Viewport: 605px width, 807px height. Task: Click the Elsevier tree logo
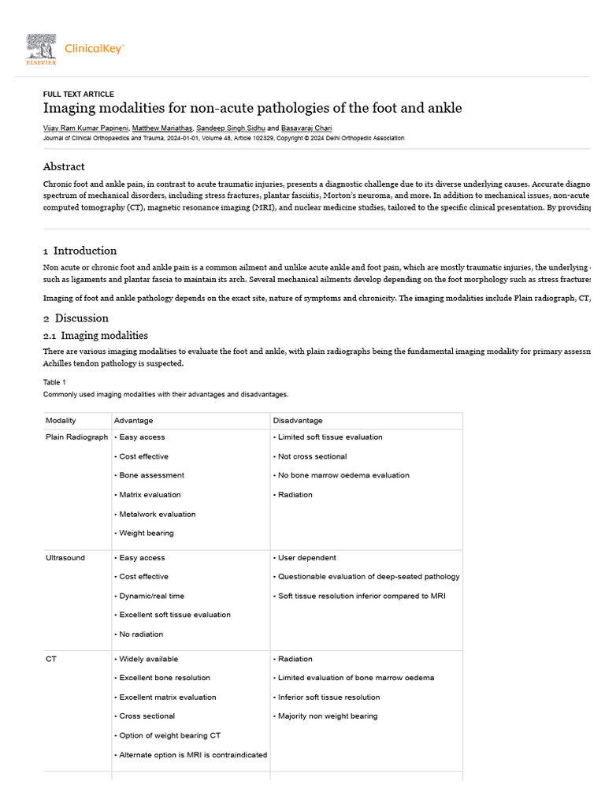click(41, 49)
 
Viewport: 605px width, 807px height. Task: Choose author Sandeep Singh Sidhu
click(231, 128)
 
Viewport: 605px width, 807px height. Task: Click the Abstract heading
click(64, 166)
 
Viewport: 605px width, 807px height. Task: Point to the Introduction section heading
click(84, 251)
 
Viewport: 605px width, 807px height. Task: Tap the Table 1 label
click(55, 382)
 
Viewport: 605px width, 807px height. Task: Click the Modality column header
click(61, 421)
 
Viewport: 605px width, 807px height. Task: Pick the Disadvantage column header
click(298, 421)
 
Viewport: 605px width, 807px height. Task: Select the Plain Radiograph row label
click(76, 437)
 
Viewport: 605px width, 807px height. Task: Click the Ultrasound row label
click(65, 558)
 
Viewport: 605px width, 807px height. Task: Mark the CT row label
click(51, 659)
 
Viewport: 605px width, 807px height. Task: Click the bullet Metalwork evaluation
click(157, 514)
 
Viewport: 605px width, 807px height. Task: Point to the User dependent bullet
click(306, 558)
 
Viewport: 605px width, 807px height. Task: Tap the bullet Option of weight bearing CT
click(169, 735)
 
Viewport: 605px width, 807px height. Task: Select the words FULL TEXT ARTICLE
click(78, 95)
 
